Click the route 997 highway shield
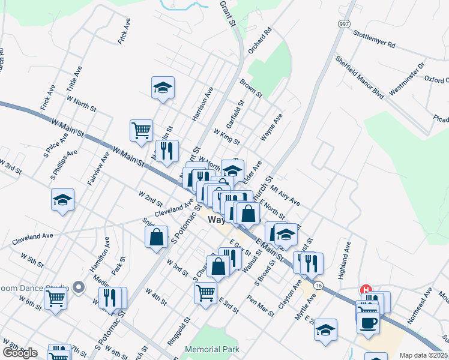tap(343, 24)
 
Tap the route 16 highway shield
tap(318, 285)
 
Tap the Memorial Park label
tap(212, 349)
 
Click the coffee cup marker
tap(368, 321)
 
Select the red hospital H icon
tap(364, 290)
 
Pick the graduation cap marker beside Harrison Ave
tap(163, 88)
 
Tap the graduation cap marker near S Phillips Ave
tap(62, 200)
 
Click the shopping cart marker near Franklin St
tap(141, 130)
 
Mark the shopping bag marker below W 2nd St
tap(156, 236)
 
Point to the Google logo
tap(20, 353)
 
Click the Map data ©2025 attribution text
tap(423, 355)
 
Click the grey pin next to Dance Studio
tap(77, 287)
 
